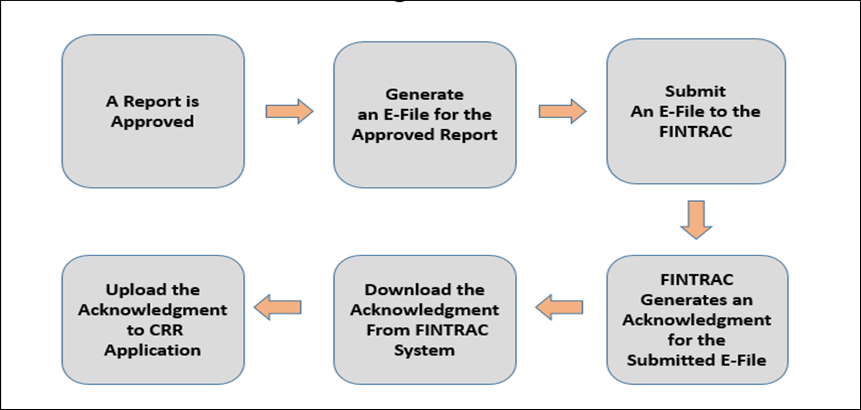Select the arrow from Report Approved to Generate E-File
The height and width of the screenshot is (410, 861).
click(x=289, y=111)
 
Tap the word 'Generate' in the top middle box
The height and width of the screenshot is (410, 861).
click(x=424, y=94)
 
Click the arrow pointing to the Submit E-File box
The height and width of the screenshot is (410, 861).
click(x=562, y=111)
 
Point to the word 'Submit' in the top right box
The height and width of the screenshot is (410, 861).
click(x=695, y=91)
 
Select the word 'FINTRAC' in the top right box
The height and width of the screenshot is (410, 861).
click(x=696, y=132)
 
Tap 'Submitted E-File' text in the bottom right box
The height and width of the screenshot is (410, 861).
click(x=696, y=360)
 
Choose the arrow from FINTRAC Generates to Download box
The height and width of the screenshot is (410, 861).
click(x=560, y=307)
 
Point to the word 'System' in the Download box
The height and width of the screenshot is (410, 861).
click(x=424, y=350)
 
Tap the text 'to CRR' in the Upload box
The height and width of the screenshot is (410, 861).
click(x=154, y=330)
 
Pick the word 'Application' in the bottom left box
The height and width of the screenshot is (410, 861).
click(x=153, y=350)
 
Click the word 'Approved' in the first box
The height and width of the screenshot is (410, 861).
click(x=152, y=122)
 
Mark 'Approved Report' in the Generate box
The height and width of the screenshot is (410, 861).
click(x=424, y=135)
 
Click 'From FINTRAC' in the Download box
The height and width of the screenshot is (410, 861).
click(x=427, y=330)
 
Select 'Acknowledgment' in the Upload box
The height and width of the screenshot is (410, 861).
click(x=153, y=310)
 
